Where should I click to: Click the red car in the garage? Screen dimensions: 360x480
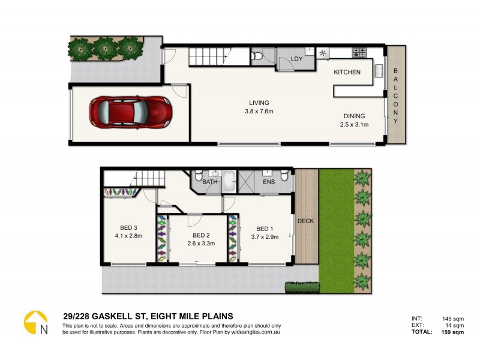pos(130,111)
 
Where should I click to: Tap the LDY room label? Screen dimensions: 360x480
pos(296,59)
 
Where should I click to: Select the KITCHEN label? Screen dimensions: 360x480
pos(347,73)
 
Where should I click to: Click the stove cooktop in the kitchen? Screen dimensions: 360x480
pos(359,52)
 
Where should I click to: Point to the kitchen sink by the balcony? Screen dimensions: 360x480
pos(379,72)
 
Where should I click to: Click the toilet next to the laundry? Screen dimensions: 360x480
pos(257,56)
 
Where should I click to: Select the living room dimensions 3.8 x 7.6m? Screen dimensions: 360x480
pos(259,112)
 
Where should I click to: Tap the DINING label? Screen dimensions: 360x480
pos(355,116)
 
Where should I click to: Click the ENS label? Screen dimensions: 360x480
pos(268,181)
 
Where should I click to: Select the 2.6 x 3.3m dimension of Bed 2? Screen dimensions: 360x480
pos(200,244)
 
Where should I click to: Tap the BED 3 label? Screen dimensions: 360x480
pos(129,227)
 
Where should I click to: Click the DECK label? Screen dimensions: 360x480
pos(306,221)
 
